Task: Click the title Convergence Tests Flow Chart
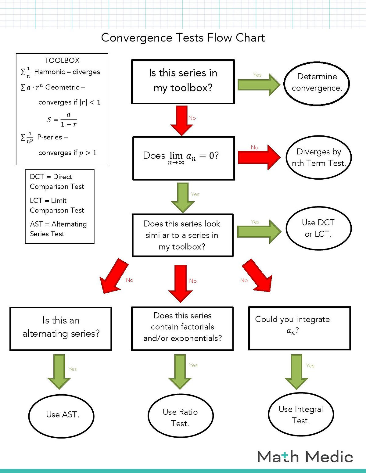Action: (183, 38)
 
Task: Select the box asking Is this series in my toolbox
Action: (183, 81)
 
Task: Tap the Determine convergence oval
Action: (317, 84)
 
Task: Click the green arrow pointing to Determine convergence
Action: (259, 84)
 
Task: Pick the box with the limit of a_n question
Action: (184, 158)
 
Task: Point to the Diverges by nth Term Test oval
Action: (319, 157)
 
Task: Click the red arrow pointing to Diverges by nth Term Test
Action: (259, 157)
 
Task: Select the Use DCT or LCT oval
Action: (318, 228)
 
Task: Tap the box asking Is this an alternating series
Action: (61, 328)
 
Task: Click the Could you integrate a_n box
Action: (300, 328)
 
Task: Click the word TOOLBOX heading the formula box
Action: (62, 60)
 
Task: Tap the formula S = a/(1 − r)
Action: (62, 120)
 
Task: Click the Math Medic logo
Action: (305, 457)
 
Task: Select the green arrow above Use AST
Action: (59, 371)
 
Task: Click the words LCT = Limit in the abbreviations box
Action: (48, 200)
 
